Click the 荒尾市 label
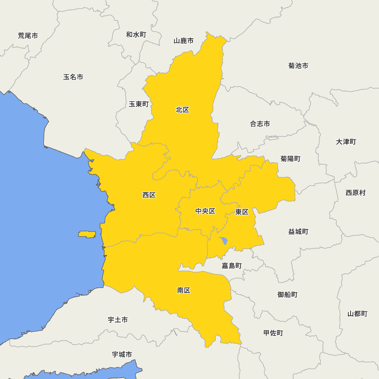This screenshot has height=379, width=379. click(28, 36)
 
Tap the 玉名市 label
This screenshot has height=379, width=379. click(73, 77)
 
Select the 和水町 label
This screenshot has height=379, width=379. click(136, 34)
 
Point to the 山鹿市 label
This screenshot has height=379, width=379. click(184, 41)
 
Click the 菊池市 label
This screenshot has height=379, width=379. click(298, 66)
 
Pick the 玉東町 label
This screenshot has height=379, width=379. click(139, 104)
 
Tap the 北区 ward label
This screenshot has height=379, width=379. click(182, 110)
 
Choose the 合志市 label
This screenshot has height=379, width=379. click(260, 124)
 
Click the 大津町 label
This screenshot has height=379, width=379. click(346, 141)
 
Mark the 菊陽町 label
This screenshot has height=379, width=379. click(291, 158)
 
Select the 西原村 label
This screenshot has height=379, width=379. click(356, 193)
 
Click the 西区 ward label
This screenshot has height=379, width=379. click(149, 195)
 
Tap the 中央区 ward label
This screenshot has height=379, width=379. click(205, 211)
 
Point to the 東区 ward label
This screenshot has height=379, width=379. click(242, 212)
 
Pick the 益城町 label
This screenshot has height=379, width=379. click(298, 231)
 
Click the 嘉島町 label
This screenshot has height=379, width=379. click(232, 266)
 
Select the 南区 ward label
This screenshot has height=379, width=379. click(184, 290)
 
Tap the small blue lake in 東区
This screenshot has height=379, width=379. click(224, 241)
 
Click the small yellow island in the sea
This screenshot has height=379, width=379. click(87, 234)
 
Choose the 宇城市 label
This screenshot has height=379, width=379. click(122, 354)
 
